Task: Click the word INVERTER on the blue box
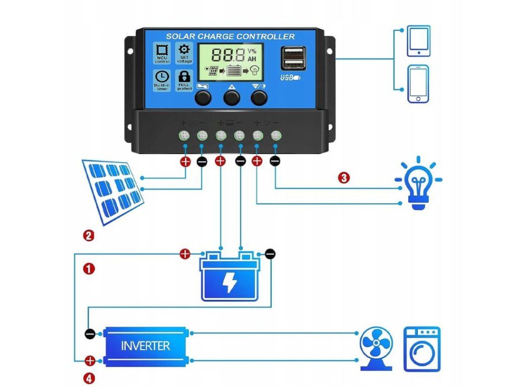[x=146, y=346]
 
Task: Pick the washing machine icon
[x=422, y=349]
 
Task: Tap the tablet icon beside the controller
[x=419, y=42]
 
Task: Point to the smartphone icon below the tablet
[x=418, y=84]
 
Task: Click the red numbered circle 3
[x=343, y=178]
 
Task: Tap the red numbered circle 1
[x=89, y=269]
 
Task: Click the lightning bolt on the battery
[x=230, y=283]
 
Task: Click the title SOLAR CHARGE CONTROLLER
[x=230, y=36]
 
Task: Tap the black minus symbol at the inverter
[x=90, y=333]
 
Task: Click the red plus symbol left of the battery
[x=185, y=253]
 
